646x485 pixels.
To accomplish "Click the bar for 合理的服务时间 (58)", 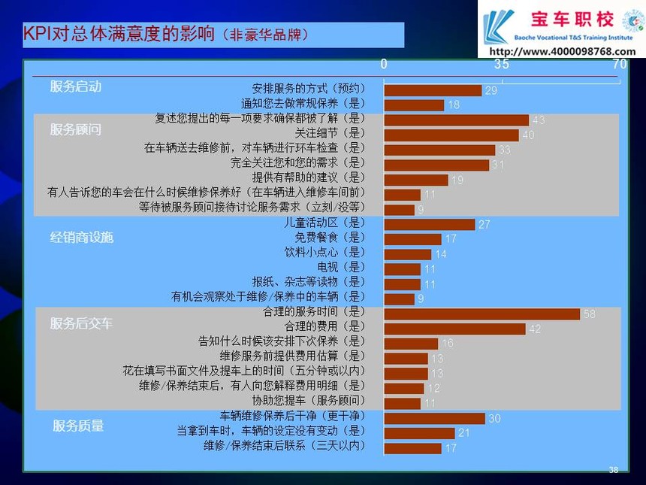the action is [x=482, y=314].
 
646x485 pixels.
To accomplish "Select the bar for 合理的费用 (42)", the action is [x=455, y=329].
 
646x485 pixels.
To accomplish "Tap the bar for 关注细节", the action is [x=451, y=135].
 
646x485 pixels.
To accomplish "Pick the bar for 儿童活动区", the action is [x=430, y=224].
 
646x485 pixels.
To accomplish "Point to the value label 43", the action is [x=539, y=120].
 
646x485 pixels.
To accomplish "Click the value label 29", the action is [x=491, y=90].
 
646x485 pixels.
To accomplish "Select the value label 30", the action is [x=495, y=419].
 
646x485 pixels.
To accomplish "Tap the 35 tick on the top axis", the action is [x=502, y=64].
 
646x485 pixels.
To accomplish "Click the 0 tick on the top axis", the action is [x=384, y=64].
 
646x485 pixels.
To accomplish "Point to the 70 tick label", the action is [x=619, y=64].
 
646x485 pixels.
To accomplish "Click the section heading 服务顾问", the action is [x=75, y=129].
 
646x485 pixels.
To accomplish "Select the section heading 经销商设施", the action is [x=82, y=237].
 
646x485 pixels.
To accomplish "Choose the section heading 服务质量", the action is [x=78, y=426].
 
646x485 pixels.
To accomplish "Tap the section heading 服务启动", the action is [x=75, y=86].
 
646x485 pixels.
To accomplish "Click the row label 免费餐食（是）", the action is [x=330, y=237].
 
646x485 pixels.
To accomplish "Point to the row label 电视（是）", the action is [x=341, y=267].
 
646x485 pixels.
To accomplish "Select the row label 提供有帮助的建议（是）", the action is [x=309, y=177].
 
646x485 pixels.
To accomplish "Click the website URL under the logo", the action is [x=563, y=52].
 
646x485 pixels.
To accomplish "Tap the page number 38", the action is [x=614, y=470].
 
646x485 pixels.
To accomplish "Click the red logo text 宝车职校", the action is [x=572, y=20].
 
